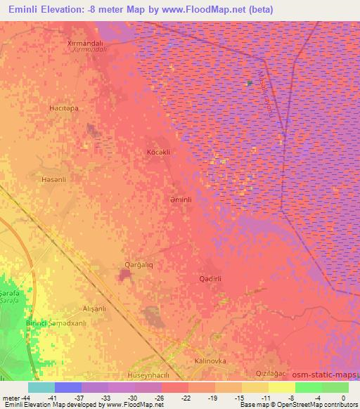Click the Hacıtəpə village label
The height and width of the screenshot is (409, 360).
pos(63,109)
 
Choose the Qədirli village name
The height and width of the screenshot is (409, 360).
pos(211,278)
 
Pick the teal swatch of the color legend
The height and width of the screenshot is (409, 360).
pos(41,387)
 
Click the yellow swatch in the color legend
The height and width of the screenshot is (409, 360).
pos(281,387)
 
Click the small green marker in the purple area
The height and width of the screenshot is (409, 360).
pos(249,83)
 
